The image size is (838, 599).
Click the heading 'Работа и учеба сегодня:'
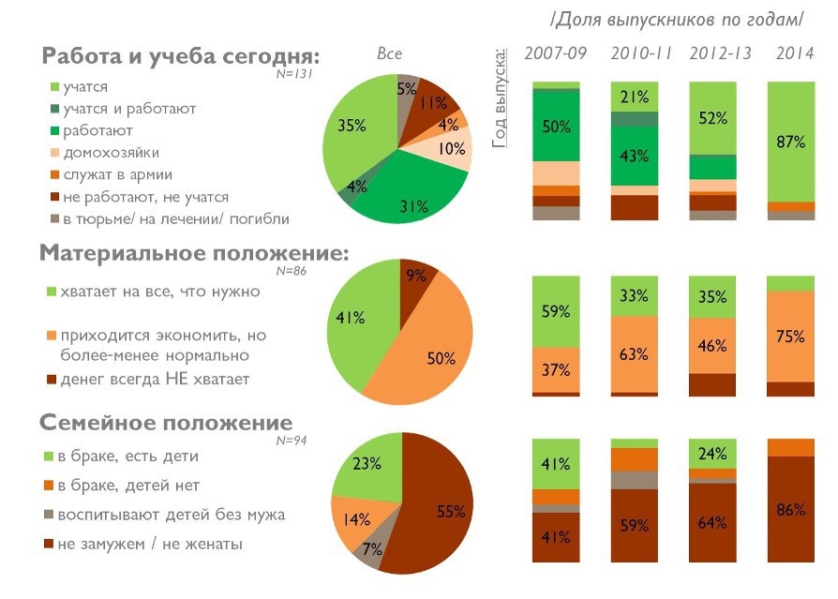(x=181, y=56)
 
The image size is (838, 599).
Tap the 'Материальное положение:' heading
(x=194, y=253)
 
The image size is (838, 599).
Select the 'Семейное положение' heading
(x=166, y=423)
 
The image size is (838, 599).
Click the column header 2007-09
(x=556, y=52)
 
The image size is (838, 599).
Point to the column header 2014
(x=794, y=52)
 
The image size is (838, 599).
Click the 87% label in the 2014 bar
(x=791, y=142)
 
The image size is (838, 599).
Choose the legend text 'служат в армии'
(x=118, y=174)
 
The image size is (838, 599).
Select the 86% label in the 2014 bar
(x=791, y=511)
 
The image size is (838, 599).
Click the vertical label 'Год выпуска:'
(x=501, y=95)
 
